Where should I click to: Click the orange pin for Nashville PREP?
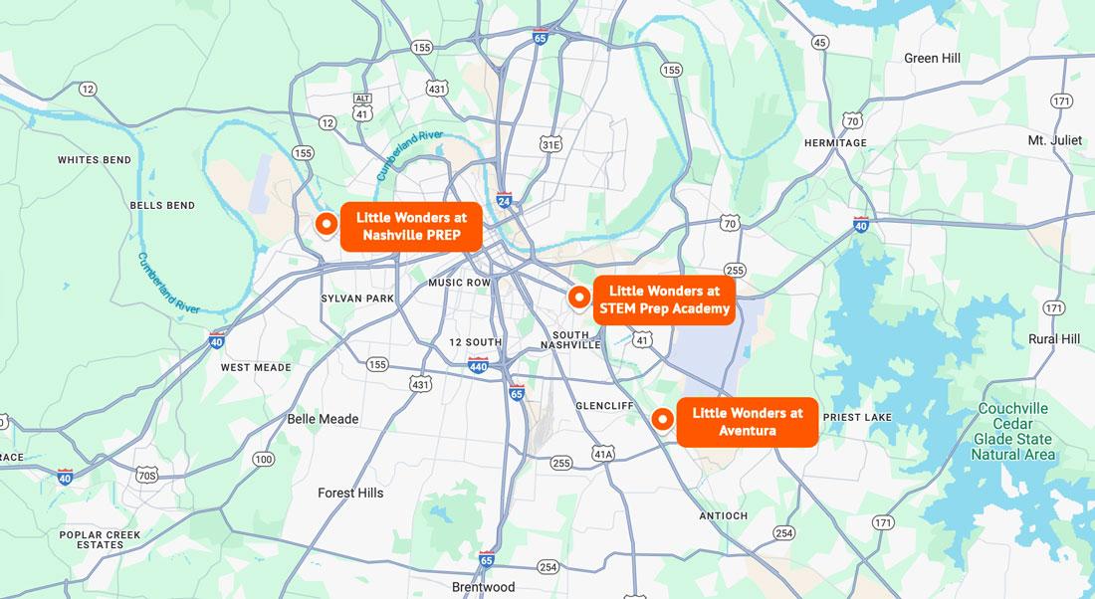point(325,225)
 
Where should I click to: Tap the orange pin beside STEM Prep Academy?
point(578,297)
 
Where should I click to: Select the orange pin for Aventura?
point(660,419)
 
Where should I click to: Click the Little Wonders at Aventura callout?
point(747,422)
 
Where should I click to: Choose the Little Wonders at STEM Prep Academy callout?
point(664,299)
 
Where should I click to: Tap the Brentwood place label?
point(483,587)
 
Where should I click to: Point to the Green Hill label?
point(932,59)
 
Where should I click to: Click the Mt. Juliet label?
point(1054,140)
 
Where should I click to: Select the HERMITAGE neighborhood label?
point(835,143)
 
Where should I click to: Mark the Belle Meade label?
point(323,419)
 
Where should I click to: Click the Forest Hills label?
point(350,493)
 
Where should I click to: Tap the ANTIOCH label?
point(723,515)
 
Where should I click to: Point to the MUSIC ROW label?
point(459,283)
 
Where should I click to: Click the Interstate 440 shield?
point(478,365)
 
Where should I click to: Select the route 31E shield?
point(550,145)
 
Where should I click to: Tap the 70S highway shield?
point(147,476)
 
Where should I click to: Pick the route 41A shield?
point(603,455)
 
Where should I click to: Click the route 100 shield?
point(263,459)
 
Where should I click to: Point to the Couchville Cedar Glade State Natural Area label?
point(1012,431)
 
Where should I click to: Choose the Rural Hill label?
point(1054,339)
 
